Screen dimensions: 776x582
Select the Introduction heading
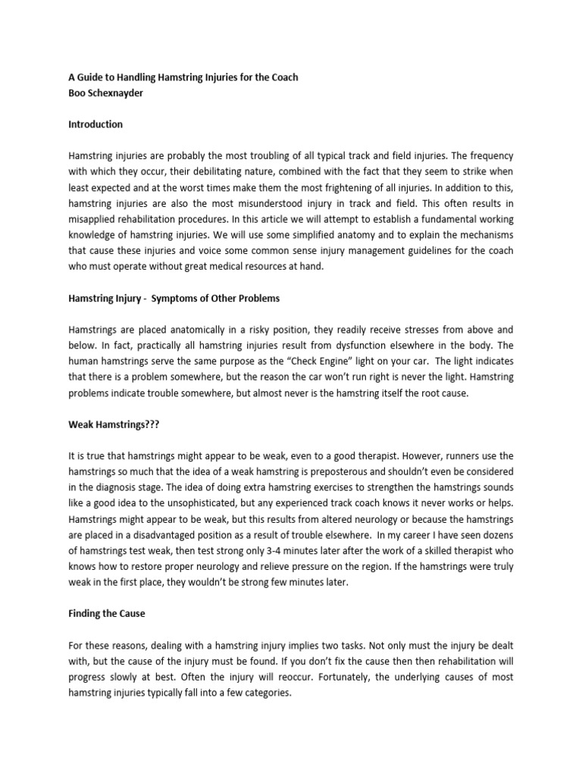coord(95,124)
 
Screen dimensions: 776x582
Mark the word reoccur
coord(227,677)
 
